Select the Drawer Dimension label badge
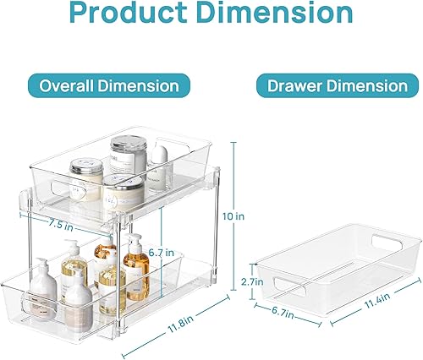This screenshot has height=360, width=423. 338,86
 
